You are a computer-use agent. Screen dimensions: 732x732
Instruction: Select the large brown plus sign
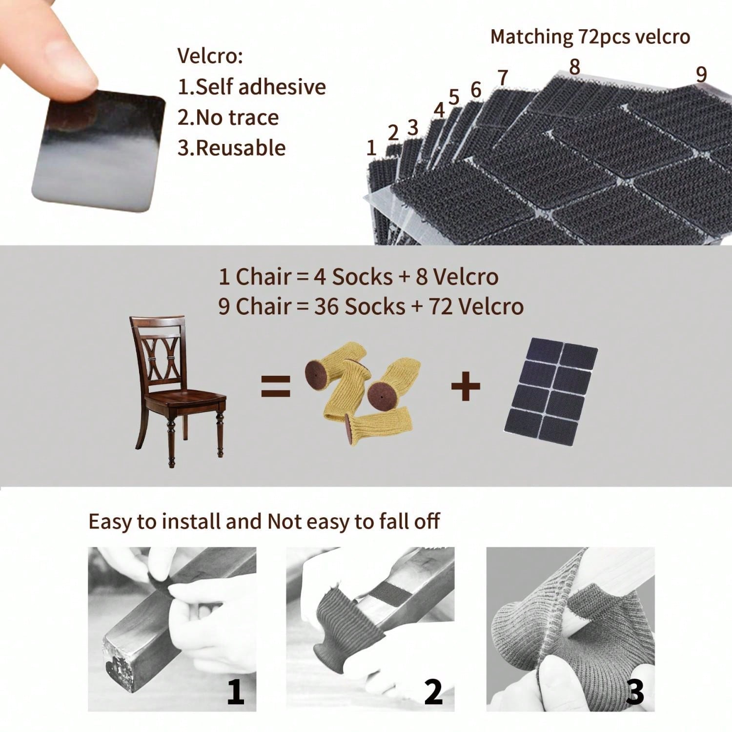point(465,387)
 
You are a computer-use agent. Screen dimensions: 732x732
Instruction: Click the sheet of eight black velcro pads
point(550,390)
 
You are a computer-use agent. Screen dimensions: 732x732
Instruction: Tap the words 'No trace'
point(237,118)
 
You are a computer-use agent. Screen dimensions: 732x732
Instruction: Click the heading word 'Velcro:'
point(210,56)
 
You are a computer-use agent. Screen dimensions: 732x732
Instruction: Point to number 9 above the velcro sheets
point(701,74)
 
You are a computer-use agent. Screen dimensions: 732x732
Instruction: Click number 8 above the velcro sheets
point(575,67)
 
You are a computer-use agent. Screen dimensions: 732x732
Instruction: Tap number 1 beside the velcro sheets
point(371,147)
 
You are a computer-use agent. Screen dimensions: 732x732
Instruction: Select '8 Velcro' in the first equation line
point(457,277)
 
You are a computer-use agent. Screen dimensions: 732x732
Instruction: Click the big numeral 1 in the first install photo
point(235,692)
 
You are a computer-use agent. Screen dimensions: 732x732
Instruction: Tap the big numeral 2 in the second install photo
point(433,692)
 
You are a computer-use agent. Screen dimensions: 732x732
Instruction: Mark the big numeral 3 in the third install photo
point(634,692)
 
